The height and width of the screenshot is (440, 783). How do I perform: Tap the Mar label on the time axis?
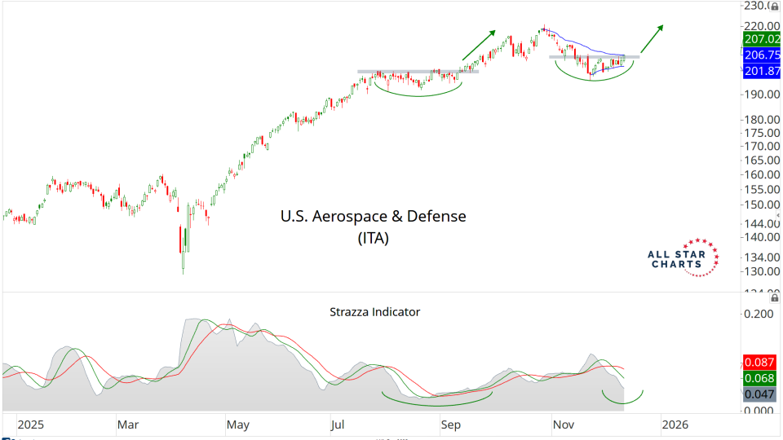click(x=128, y=425)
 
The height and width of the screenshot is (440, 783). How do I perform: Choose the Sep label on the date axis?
click(x=451, y=425)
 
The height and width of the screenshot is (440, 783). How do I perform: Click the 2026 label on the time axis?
click(x=674, y=425)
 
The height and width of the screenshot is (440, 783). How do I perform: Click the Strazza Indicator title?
click(x=374, y=311)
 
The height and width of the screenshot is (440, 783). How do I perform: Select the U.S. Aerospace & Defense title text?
click(x=373, y=217)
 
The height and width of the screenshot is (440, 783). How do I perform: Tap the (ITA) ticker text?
click(x=373, y=239)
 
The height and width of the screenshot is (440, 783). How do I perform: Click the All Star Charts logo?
click(x=682, y=258)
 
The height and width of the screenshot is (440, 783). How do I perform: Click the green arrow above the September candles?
click(x=481, y=45)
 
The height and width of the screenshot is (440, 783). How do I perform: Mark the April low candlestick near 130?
click(x=183, y=259)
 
